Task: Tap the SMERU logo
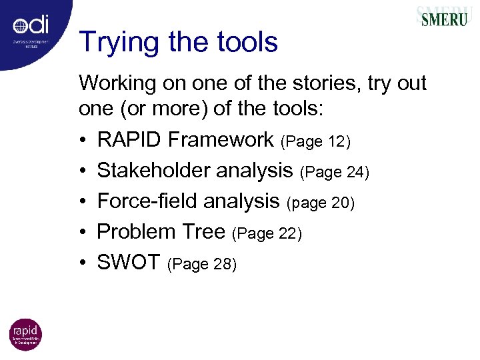click(443, 17)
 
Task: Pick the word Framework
click(221, 140)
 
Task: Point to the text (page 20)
click(321, 203)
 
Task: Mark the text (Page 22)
click(267, 233)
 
